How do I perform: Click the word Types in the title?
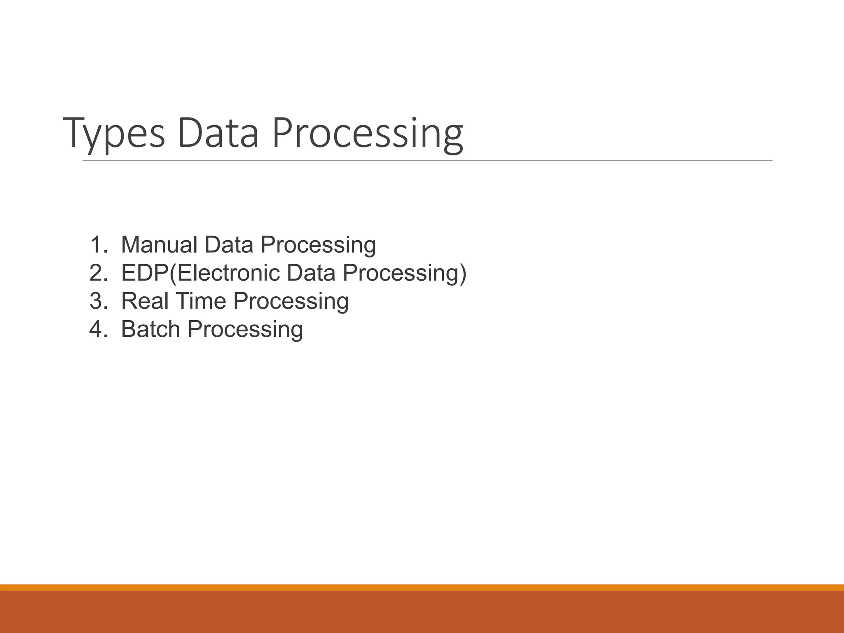point(114,133)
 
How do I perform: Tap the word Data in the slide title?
point(218,133)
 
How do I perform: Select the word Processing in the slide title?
point(368,133)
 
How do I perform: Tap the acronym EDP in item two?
point(145,273)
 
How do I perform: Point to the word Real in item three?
point(145,301)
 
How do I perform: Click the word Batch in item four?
point(150,329)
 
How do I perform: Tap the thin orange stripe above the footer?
point(422,587)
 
